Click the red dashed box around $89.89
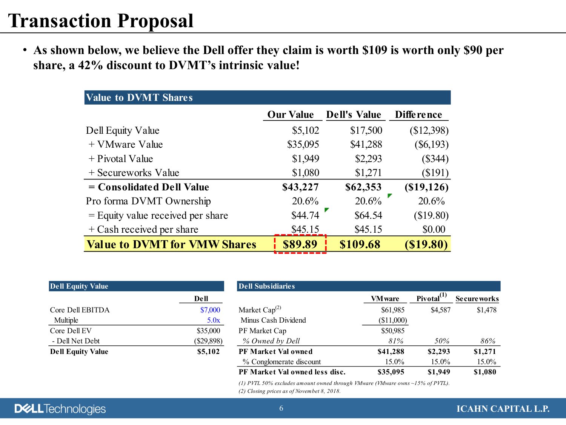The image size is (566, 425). [x=300, y=244]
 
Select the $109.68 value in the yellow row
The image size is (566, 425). [x=360, y=244]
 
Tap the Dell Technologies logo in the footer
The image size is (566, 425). [x=60, y=409]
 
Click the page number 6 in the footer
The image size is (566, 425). [x=281, y=408]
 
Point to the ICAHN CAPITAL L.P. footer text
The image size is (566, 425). [x=503, y=409]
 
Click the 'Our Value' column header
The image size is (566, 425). [x=291, y=114]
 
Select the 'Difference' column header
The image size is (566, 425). [x=418, y=114]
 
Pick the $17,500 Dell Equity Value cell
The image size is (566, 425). [x=366, y=130]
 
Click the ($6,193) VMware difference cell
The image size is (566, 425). [x=431, y=144]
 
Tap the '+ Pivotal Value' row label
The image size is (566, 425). [x=121, y=159]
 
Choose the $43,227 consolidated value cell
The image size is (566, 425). [x=300, y=187]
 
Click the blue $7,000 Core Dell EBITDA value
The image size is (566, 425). [x=210, y=310]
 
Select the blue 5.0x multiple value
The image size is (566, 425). [x=213, y=320]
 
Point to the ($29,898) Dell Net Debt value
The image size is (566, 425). [x=208, y=341]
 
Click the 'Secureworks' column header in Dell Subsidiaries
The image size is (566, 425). [x=477, y=298]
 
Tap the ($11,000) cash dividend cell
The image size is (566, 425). [x=392, y=320]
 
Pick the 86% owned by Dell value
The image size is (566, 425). [x=488, y=341]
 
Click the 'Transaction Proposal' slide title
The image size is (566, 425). [x=101, y=21]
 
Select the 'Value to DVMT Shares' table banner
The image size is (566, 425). [x=267, y=97]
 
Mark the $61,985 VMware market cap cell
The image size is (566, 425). [x=392, y=310]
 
